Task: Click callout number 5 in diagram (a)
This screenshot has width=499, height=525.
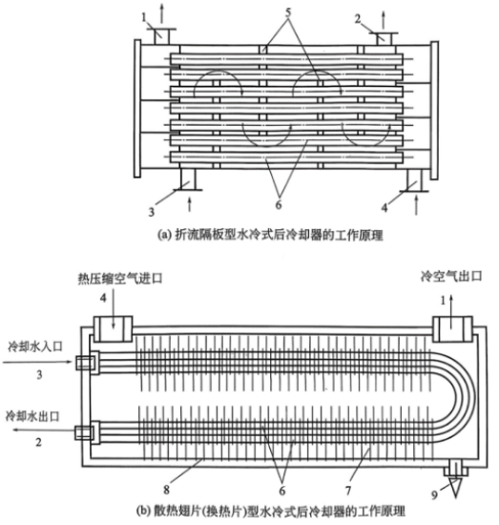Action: pyautogui.click(x=288, y=12)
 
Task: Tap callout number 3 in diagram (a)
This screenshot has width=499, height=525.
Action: pyautogui.click(x=152, y=212)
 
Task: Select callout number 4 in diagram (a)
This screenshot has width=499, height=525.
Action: pyautogui.click(x=385, y=207)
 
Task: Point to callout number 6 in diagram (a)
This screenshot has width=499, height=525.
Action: pyautogui.click(x=279, y=204)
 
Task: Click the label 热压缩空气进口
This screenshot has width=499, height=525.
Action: pyautogui.click(x=120, y=278)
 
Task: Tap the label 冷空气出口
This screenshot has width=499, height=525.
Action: pyautogui.click(x=451, y=276)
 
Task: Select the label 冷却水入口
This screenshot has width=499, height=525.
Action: pyautogui.click(x=34, y=346)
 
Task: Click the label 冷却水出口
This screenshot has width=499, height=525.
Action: pyautogui.click(x=32, y=416)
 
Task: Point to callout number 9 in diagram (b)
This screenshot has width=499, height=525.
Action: pyautogui.click(x=434, y=494)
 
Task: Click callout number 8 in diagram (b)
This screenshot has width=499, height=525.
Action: pyautogui.click(x=166, y=490)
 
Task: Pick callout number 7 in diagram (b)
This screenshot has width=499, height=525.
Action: pyautogui.click(x=348, y=491)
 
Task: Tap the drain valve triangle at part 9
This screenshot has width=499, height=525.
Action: pyautogui.click(x=456, y=487)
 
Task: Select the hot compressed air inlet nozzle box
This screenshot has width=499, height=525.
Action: pyautogui.click(x=113, y=328)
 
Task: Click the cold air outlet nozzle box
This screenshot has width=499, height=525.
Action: pyautogui.click(x=453, y=328)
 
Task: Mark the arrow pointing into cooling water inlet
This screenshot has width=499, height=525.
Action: pyautogui.click(x=37, y=362)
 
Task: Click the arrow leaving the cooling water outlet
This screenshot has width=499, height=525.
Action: pyautogui.click(x=44, y=431)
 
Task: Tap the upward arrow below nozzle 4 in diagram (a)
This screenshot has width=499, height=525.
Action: pyautogui.click(x=416, y=205)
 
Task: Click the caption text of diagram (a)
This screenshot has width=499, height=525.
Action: pyautogui.click(x=270, y=235)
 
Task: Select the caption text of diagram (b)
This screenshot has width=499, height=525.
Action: pyautogui.click(x=271, y=512)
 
